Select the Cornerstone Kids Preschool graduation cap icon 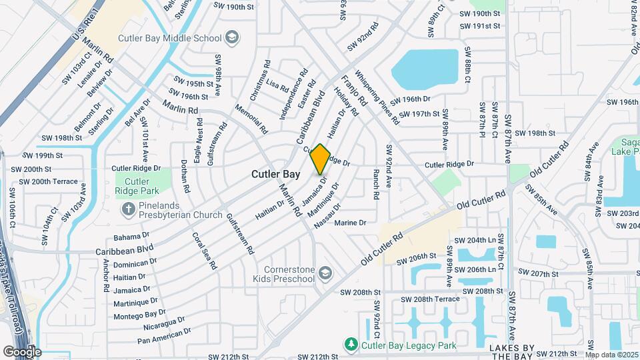pyautogui.click(x=325, y=273)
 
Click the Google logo pyautogui.click(x=22, y=351)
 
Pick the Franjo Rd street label pyautogui.click(x=354, y=91)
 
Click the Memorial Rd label pyautogui.click(x=251, y=119)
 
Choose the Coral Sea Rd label pyautogui.click(x=204, y=251)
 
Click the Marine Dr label pyautogui.click(x=351, y=223)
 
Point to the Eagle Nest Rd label pyautogui.click(x=198, y=145)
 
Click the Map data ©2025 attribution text pyautogui.click(x=612, y=355)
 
